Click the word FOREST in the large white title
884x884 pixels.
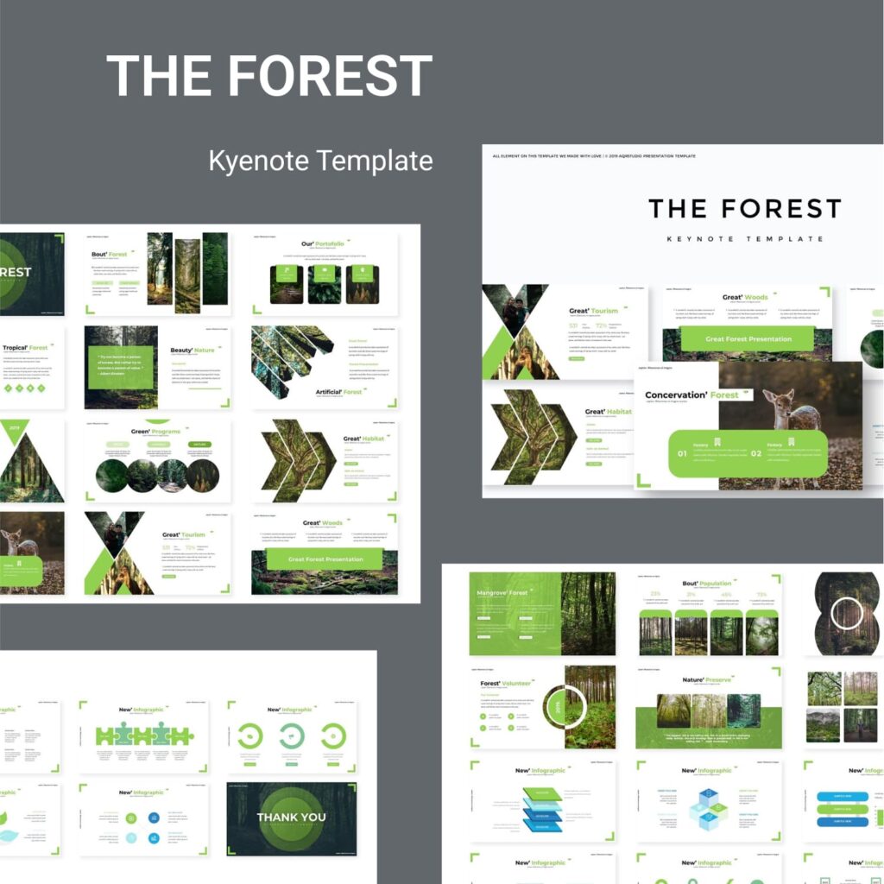click(336, 76)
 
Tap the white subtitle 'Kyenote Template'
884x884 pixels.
click(320, 161)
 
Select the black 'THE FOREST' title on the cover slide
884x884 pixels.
click(744, 208)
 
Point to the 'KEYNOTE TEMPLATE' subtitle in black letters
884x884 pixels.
click(744, 239)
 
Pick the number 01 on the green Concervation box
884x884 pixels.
click(682, 453)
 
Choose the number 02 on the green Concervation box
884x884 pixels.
click(755, 453)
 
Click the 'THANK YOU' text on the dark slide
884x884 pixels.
click(291, 818)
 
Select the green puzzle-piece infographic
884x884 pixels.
click(145, 735)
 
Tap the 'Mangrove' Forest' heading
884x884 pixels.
click(502, 593)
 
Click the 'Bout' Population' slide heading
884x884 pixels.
click(706, 584)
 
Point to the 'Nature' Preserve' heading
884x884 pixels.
click(706, 680)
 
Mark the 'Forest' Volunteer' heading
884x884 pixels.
click(506, 684)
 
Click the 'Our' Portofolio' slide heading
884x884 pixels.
click(324, 244)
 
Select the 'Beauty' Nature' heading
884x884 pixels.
click(192, 350)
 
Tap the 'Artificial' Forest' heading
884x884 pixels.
click(340, 392)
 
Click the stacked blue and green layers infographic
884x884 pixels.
click(542, 810)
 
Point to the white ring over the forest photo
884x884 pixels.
click(847, 614)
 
